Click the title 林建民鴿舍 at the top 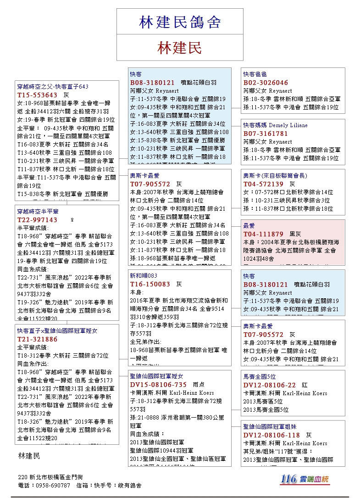(x=180, y=22)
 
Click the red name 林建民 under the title (x=180, y=48)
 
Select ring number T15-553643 (x=37, y=95)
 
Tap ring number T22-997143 (x=37, y=219)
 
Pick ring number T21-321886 (x=37, y=339)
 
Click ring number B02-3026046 (x=266, y=83)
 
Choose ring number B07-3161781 (x=266, y=134)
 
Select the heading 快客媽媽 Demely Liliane (x=275, y=125)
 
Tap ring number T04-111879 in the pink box (x=263, y=234)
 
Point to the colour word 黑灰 (x=295, y=234)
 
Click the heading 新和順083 (x=144, y=276)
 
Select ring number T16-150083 (x=150, y=284)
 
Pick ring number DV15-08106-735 (x=158, y=385)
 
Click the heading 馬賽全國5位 (x=260, y=376)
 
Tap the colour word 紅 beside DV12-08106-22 (x=305, y=385)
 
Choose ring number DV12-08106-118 (x=271, y=435)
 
